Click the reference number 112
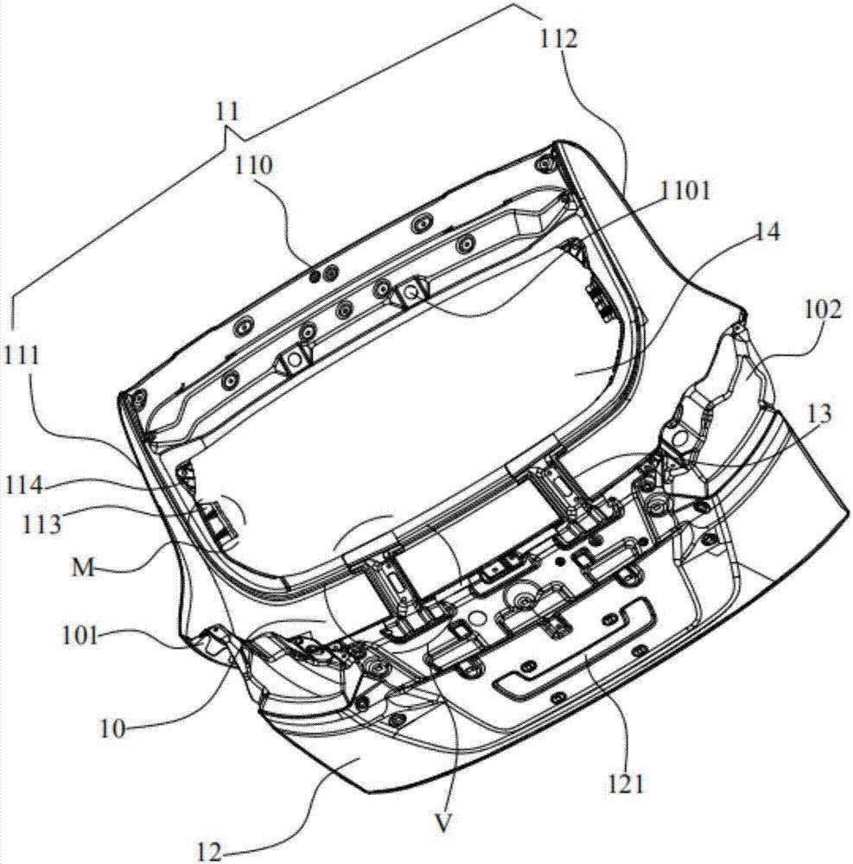tap(558, 39)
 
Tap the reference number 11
tap(227, 111)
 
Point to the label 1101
tap(685, 191)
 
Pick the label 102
tap(822, 309)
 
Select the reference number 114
tap(23, 486)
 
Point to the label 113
tap(41, 524)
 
